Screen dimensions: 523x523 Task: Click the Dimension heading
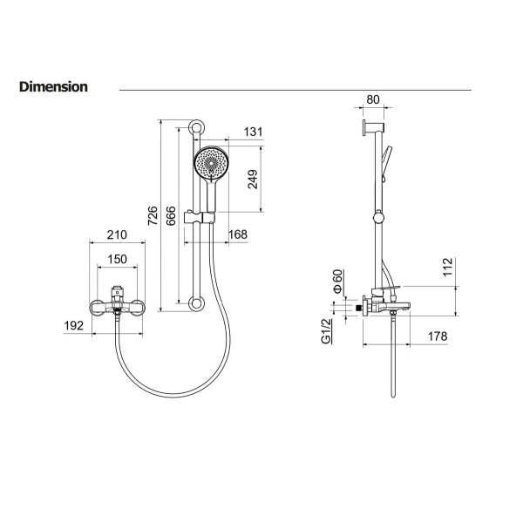53,86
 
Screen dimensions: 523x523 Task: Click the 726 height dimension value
153,215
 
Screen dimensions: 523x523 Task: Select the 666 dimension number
171,215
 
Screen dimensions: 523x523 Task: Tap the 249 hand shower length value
253,179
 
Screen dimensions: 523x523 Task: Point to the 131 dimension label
253,132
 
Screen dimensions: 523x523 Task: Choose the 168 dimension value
238,234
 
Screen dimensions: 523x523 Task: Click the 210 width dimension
117,234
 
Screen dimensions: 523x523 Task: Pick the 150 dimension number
117,259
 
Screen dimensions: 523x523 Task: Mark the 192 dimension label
74,325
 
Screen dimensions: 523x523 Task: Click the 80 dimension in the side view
373,99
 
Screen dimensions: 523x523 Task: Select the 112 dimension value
448,267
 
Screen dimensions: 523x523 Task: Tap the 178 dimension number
438,336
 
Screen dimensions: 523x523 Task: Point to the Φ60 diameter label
338,282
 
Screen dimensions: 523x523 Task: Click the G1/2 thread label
326,331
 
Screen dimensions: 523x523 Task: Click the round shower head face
212,164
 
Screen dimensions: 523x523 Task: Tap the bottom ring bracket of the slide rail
196,303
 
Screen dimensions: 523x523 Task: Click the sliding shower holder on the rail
200,218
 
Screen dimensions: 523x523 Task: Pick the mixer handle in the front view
117,292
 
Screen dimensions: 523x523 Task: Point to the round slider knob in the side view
378,218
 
